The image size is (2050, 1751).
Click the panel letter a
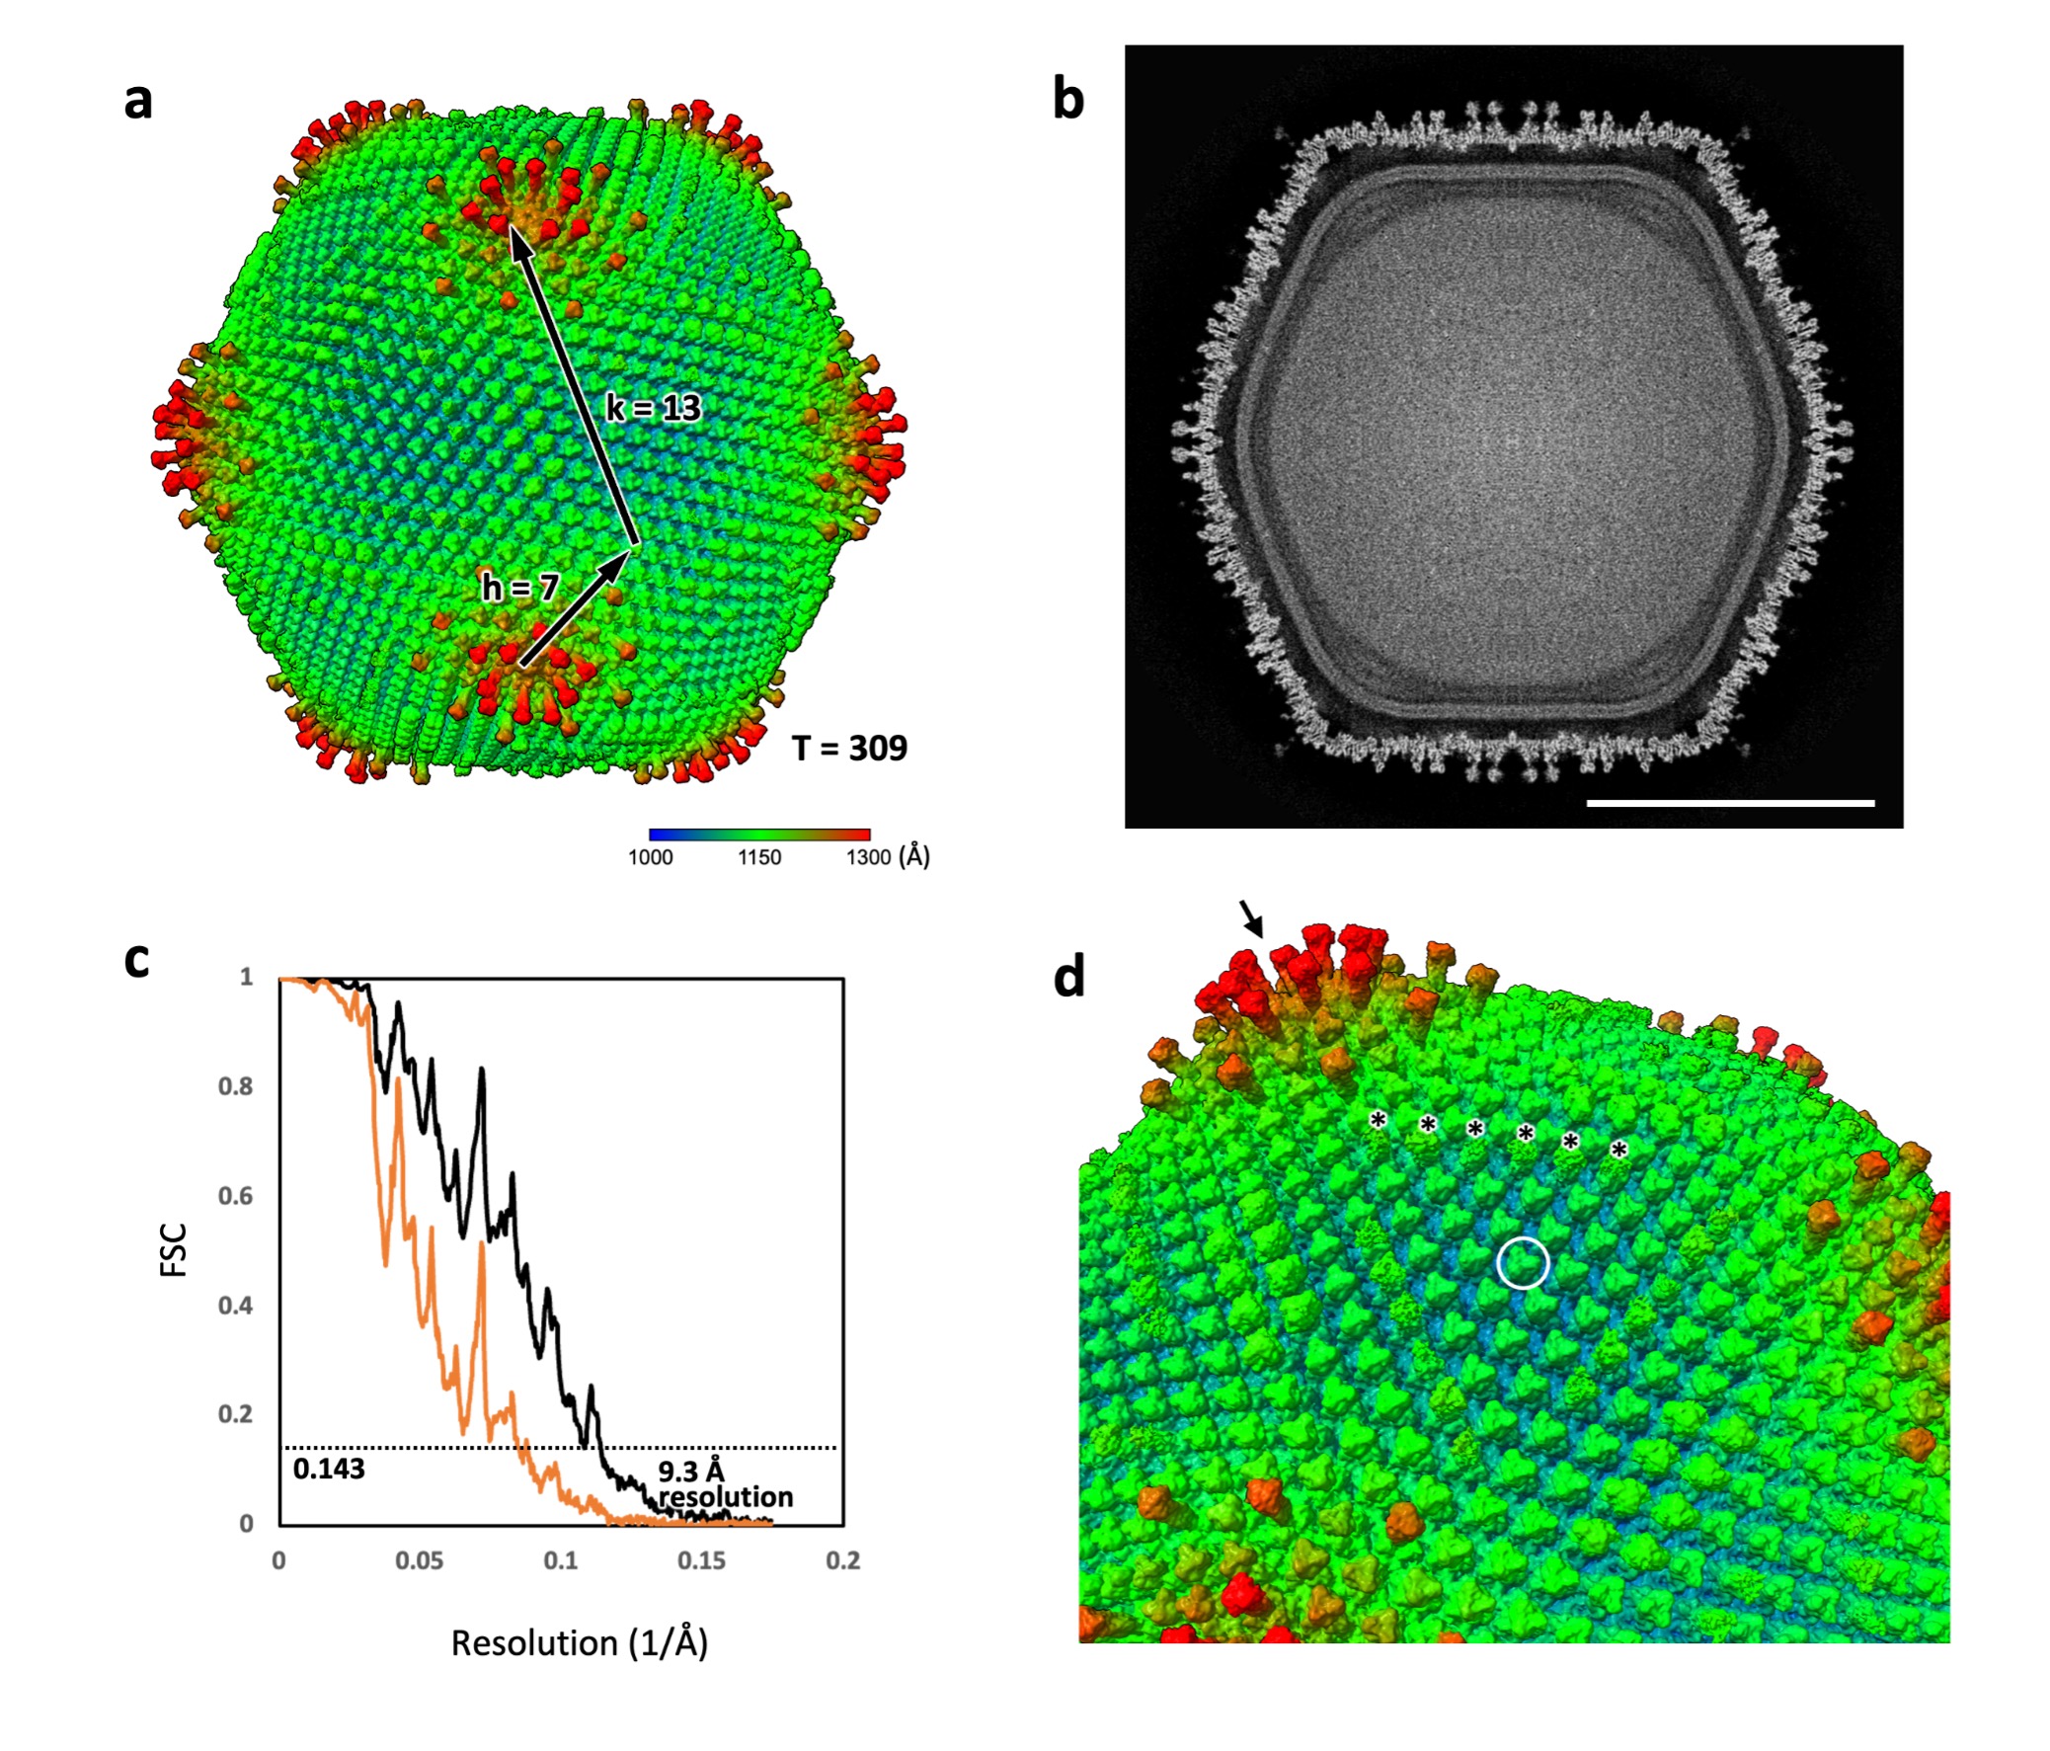138,102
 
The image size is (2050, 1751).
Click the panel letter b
1068,102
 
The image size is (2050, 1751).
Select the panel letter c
136,960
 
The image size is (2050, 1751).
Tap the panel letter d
1068,978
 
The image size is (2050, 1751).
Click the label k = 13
653,408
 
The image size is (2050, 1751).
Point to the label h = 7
520,589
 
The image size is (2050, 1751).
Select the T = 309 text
849,748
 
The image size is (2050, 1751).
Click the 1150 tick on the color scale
758,857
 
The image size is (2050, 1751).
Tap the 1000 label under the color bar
650,857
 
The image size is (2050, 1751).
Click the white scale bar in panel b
1729,803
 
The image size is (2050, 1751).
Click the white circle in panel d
1523,1262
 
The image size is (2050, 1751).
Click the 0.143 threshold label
329,1470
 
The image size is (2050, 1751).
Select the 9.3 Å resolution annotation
725,1484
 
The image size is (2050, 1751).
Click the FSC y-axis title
174,1250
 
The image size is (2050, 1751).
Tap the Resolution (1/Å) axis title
579,1643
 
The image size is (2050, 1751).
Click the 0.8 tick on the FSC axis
235,1086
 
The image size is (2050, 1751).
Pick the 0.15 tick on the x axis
701,1561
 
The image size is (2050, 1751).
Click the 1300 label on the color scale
869,857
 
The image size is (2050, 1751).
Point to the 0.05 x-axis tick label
420,1561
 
